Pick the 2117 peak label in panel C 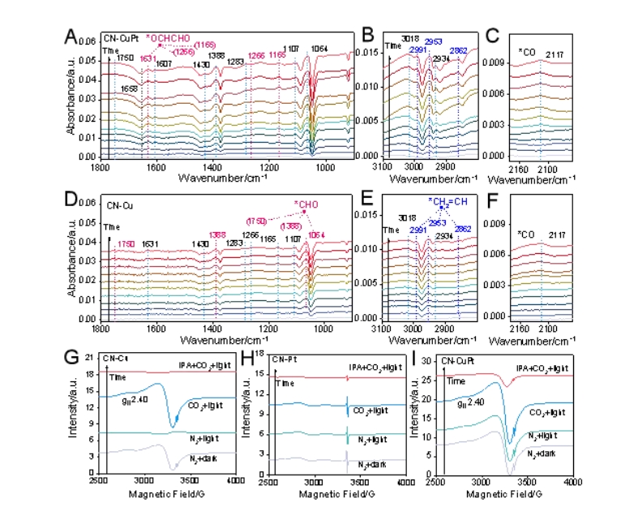(554, 54)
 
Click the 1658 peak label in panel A (128, 88)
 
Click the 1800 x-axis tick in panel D (101, 330)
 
